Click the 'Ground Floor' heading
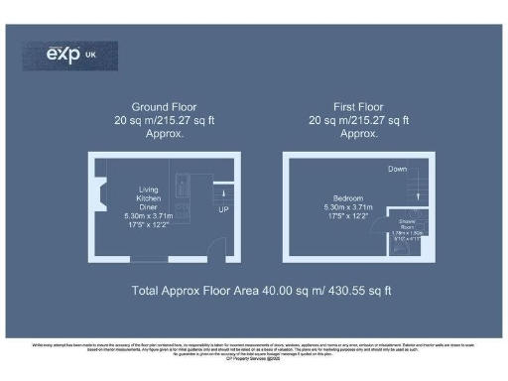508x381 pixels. pos(164,106)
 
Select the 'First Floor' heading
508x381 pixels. pos(359,106)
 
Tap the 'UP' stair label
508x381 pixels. pos(223,210)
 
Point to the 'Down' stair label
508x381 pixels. pos(397,169)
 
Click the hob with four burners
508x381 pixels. pos(184,208)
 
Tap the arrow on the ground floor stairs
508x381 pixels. pos(223,193)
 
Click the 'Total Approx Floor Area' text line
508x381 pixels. pos(262,291)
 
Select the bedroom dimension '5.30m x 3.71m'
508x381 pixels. pos(345,206)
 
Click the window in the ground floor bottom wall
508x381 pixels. pos(165,261)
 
